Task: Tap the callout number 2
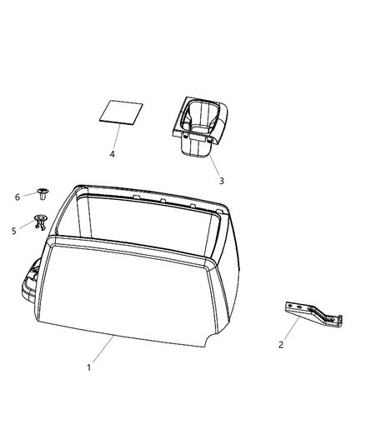point(282,344)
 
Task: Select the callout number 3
point(221,180)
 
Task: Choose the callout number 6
point(17,197)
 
